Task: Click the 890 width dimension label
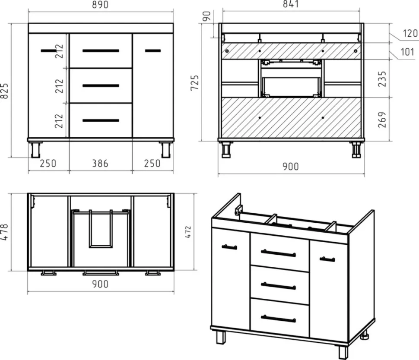[100, 5]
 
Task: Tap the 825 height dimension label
[5, 91]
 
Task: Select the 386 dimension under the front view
[100, 164]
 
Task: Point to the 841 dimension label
[291, 4]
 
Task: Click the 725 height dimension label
[195, 83]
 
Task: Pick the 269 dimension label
[382, 120]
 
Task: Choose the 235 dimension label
[382, 79]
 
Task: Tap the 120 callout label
[410, 33]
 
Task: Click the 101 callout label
[407, 52]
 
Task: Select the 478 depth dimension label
[5, 232]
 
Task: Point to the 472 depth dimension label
[188, 232]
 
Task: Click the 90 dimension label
[207, 16]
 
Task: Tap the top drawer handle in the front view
[101, 51]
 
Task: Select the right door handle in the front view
[153, 51]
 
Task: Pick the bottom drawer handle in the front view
[101, 121]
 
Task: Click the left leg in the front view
[35, 149]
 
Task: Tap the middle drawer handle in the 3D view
[278, 286]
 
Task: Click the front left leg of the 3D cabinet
[220, 338]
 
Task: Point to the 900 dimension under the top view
[100, 284]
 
